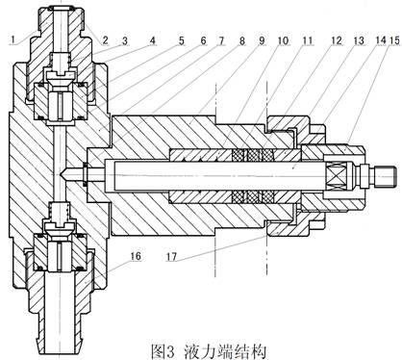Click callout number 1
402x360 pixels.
(13, 39)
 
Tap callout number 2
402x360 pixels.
(106, 40)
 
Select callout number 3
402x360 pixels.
(125, 40)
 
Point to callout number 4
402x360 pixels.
(153, 40)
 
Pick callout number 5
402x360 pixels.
(182, 40)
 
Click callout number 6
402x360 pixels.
(202, 40)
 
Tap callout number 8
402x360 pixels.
(241, 40)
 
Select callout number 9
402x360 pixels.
(262, 40)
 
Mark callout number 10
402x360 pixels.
(283, 40)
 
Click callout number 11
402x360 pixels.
(307, 40)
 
